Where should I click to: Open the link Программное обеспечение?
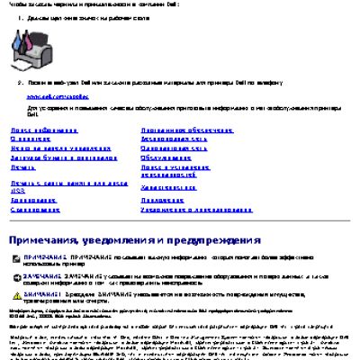click(179, 130)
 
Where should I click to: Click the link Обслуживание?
click(166, 158)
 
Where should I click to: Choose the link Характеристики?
click(169, 187)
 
